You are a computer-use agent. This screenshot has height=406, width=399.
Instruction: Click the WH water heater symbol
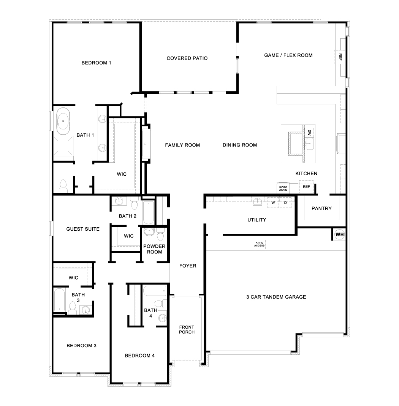(x=339, y=234)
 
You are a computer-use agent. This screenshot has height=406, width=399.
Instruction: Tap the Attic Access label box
(x=260, y=244)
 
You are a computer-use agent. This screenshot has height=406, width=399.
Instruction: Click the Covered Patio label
(x=187, y=58)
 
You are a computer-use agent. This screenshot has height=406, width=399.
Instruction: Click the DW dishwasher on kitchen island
(x=309, y=132)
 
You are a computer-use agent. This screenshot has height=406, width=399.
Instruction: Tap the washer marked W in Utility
(x=273, y=203)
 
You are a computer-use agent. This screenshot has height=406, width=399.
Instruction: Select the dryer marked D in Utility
(x=285, y=203)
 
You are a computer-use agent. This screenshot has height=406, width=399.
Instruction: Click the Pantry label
(x=321, y=208)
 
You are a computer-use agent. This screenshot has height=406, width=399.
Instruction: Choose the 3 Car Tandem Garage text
(x=276, y=297)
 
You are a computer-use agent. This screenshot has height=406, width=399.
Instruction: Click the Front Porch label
(x=187, y=329)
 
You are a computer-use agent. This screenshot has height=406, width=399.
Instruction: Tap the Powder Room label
(x=154, y=249)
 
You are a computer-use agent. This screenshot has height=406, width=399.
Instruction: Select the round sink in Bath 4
(x=162, y=317)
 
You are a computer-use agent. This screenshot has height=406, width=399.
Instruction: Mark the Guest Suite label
(x=83, y=229)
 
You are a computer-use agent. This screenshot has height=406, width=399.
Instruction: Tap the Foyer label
(x=188, y=266)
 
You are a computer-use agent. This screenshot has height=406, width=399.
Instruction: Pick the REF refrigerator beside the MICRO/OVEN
(x=306, y=187)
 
